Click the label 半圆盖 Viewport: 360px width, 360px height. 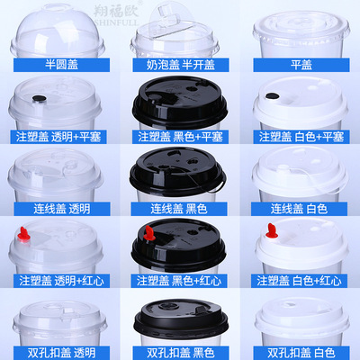click(x=59, y=67)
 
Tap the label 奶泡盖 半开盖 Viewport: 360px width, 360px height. click(x=179, y=67)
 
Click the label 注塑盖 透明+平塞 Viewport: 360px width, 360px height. click(x=59, y=138)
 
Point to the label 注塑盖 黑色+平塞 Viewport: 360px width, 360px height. click(x=179, y=138)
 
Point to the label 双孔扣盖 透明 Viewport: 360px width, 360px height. click(x=59, y=352)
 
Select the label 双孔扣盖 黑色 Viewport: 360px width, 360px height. click(x=179, y=352)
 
